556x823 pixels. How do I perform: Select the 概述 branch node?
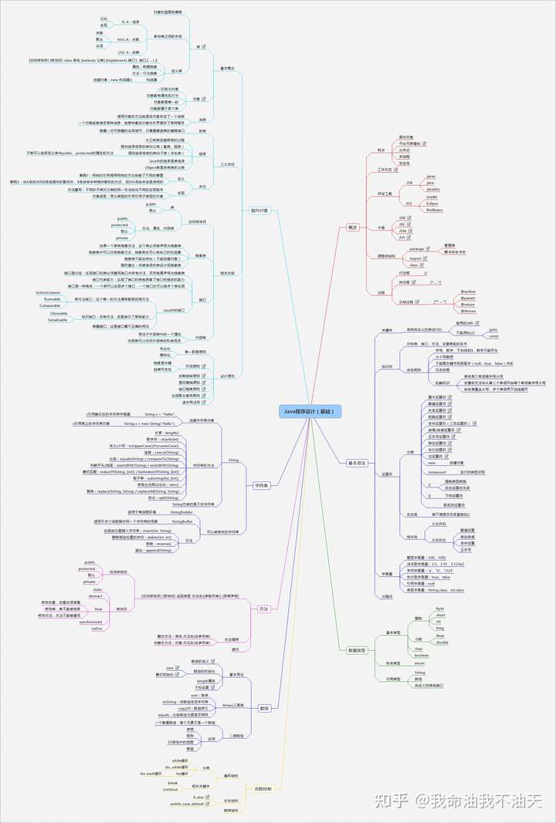click(352, 228)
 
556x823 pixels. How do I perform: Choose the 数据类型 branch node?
click(356, 650)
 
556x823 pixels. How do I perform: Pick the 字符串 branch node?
click(261, 485)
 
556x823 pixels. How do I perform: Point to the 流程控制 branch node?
click(263, 788)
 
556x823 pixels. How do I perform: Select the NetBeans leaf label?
click(433, 209)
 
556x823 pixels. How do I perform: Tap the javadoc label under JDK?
click(433, 188)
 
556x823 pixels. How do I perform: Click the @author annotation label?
click(469, 292)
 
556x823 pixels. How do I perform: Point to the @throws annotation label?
click(469, 312)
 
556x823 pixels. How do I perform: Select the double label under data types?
click(442, 642)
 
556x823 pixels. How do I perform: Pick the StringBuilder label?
click(182, 512)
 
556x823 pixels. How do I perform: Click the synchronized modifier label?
click(91, 621)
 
